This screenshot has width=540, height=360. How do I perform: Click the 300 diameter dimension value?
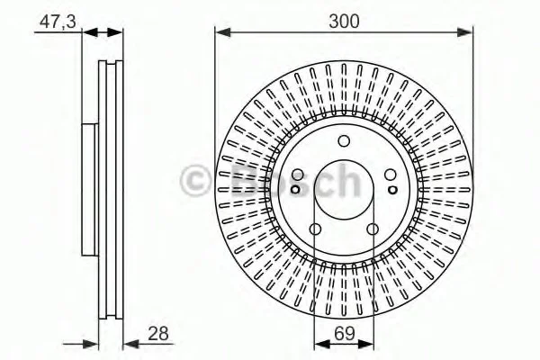pos(344,21)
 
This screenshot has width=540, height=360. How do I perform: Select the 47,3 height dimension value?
pos(58,22)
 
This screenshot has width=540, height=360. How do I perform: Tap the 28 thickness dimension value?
pos(158,334)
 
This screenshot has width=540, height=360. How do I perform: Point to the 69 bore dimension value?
pos(345,333)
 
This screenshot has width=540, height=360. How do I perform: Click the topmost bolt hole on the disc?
pos(344,141)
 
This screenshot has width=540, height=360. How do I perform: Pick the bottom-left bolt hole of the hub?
pos(315,229)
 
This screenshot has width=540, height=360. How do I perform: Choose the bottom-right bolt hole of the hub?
pos(373,229)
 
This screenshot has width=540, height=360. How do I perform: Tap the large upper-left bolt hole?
pos(297,175)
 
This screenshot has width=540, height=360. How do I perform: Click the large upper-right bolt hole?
pos(391,175)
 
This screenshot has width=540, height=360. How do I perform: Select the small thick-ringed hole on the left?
pos(295,189)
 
